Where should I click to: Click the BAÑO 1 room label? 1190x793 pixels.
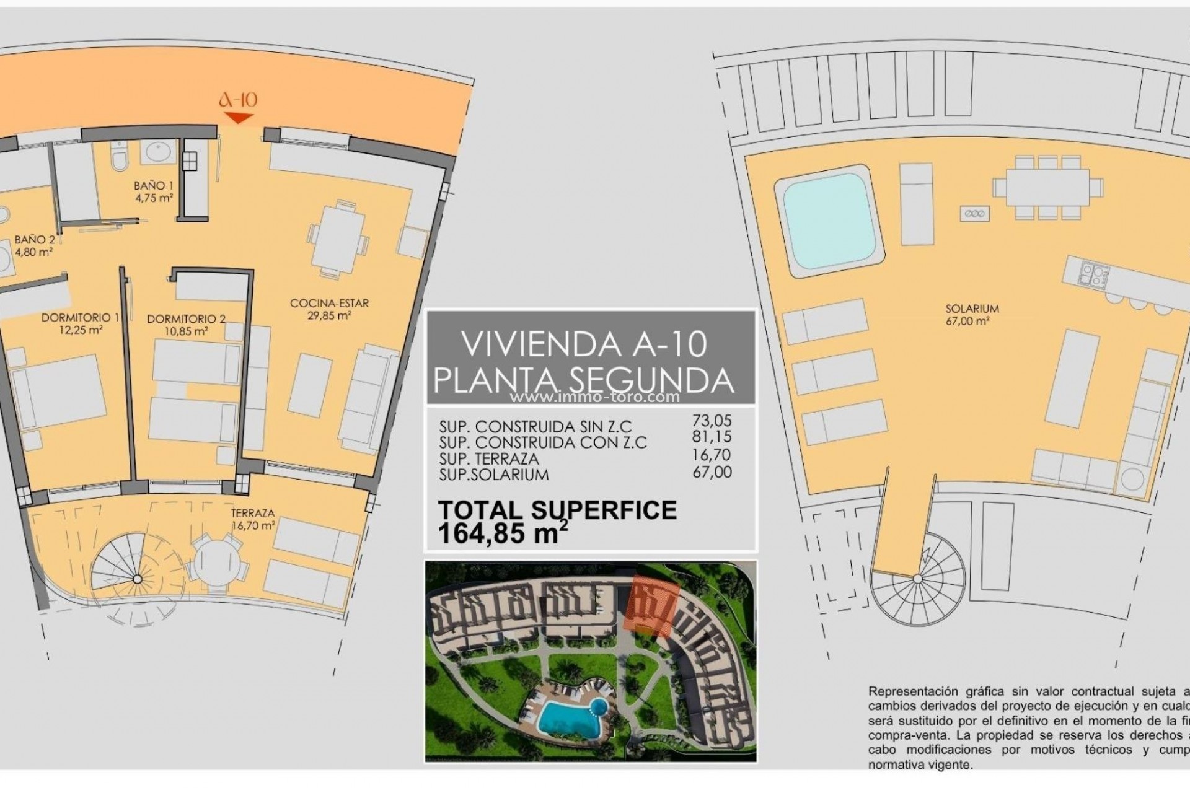(154, 185)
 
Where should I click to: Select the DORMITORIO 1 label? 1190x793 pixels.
(80, 318)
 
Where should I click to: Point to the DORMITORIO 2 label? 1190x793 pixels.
(186, 319)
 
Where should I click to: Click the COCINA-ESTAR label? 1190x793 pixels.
(329, 303)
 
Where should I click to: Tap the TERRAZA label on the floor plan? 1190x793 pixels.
(252, 513)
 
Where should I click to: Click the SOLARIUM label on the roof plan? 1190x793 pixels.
(972, 309)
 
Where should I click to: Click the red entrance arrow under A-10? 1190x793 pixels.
(239, 118)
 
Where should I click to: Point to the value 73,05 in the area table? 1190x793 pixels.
(712, 421)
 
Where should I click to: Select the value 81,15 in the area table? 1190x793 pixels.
(712, 437)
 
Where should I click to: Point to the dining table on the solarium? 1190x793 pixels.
(1047, 187)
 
